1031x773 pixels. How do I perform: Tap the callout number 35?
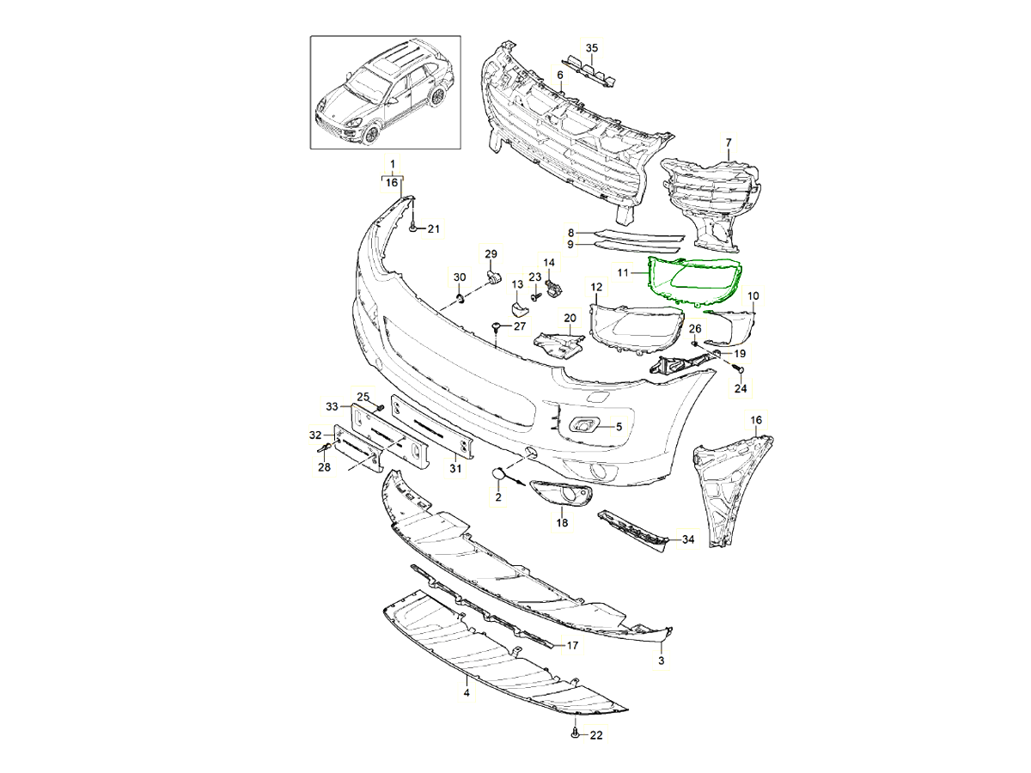590,47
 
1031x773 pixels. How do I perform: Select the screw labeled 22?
573,734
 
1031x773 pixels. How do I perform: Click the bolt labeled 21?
414,228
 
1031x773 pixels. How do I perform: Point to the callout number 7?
729,142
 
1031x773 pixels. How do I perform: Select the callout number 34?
687,540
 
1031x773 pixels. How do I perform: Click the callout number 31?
455,469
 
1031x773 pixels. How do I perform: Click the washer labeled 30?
460,298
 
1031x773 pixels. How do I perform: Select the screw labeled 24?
738,369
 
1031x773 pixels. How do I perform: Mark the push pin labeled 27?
497,326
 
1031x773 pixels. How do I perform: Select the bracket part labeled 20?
558,342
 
